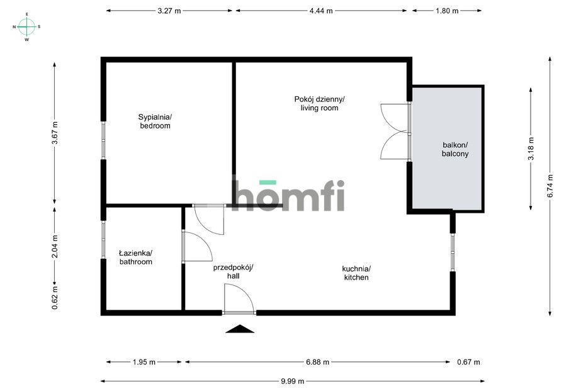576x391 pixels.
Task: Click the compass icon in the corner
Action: coord(26,26)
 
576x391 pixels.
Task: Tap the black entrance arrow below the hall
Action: coord(240,329)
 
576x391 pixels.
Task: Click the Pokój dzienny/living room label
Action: coord(319,103)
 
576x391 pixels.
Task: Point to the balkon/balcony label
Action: coord(455,149)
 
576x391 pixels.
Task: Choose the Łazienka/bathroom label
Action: coord(135,257)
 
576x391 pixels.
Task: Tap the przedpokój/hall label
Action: coord(233,271)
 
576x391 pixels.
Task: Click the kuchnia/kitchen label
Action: coord(356,273)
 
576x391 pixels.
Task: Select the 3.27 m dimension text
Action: coord(169,11)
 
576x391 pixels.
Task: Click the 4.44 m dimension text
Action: coord(321,11)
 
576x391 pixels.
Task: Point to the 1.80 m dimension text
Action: coord(447,11)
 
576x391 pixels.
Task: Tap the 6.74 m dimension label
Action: coord(550,186)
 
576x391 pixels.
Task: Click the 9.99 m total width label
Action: coord(293,381)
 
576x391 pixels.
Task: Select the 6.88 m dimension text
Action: coord(317,362)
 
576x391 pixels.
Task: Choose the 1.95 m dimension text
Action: coord(144,362)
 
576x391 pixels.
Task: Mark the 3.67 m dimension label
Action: coord(55,133)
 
